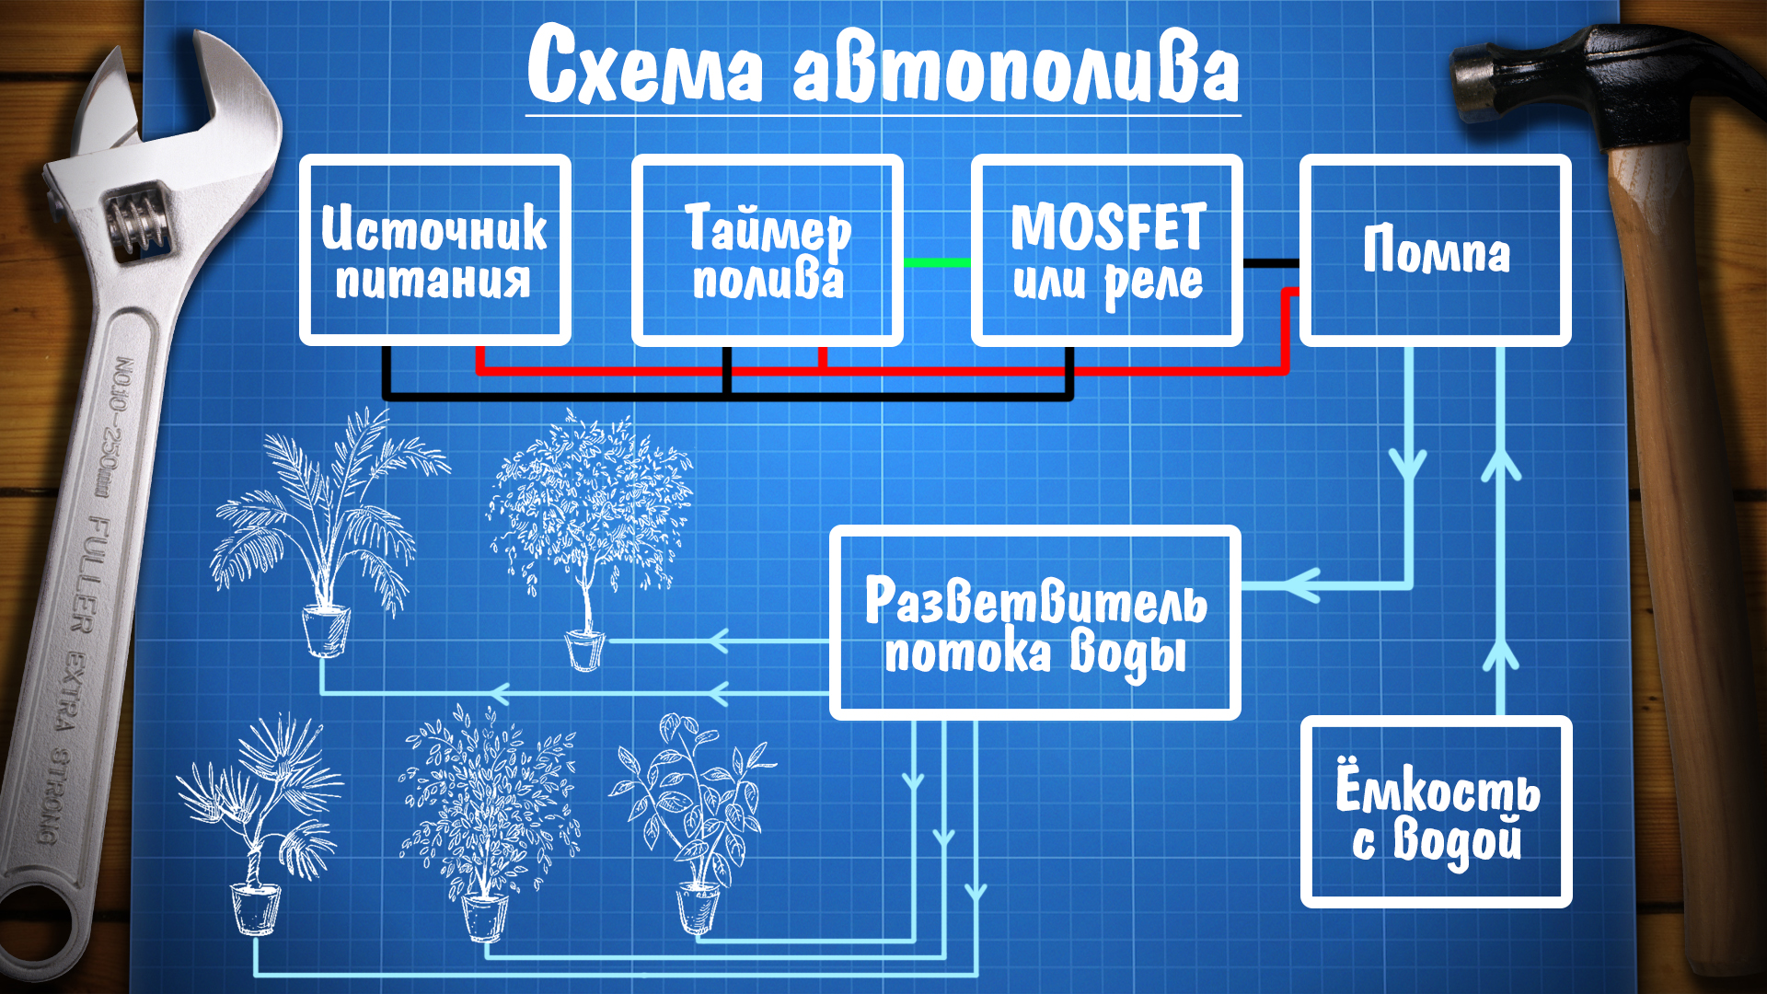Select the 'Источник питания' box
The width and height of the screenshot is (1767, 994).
tap(434, 250)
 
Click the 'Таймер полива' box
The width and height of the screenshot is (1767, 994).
tap(767, 250)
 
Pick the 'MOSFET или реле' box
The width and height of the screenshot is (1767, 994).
tap(1106, 250)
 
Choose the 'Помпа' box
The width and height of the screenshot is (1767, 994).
tap(1435, 250)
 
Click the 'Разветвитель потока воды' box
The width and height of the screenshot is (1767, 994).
tap(1034, 623)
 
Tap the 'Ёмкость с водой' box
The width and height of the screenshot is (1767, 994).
tap(1436, 813)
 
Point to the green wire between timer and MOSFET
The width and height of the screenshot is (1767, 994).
tap(937, 263)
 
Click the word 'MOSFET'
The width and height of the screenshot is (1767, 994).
tap(1108, 227)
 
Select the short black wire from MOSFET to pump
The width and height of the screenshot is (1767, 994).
tap(1270, 263)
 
